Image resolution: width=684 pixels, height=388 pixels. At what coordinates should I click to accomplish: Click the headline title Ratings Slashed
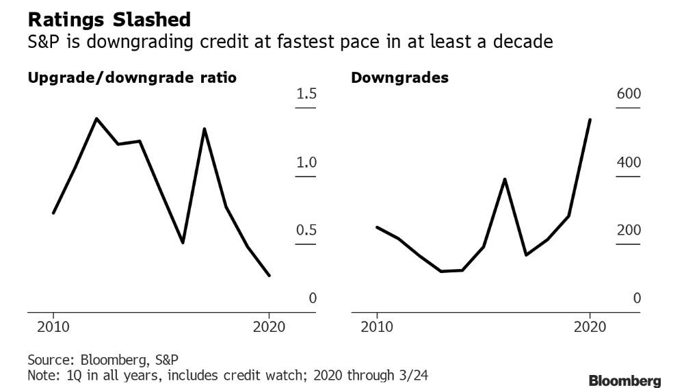(109, 20)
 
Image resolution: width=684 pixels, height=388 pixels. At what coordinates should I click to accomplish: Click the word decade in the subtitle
(523, 42)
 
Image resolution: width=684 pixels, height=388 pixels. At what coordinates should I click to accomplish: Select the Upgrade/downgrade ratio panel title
(132, 78)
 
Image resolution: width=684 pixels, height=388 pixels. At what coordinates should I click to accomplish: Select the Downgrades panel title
(399, 78)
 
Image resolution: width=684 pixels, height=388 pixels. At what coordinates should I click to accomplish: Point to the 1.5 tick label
(306, 93)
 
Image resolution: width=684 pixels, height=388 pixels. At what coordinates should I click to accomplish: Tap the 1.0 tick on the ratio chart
(306, 162)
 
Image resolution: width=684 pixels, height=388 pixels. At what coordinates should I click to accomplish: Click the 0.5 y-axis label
(306, 230)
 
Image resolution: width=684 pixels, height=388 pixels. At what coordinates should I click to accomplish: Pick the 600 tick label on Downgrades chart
(629, 93)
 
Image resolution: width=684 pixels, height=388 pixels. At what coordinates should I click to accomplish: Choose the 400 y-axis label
(629, 162)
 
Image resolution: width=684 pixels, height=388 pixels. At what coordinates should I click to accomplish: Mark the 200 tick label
(629, 230)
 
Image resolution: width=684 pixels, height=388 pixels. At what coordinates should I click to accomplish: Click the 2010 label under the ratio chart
(53, 327)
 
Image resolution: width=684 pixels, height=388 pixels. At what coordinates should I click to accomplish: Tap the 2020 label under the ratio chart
(269, 327)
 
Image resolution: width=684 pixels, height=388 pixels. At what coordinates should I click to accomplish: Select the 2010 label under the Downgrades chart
(377, 327)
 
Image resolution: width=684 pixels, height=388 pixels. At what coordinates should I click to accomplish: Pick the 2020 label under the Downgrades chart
(590, 327)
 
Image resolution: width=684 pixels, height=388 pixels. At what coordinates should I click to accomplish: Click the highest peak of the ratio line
(96, 118)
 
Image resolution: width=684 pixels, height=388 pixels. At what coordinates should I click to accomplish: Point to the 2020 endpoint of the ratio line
(269, 275)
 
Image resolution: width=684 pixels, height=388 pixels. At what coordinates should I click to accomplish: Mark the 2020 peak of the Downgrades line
(590, 120)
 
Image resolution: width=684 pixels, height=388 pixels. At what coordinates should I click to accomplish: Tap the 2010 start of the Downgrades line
(377, 227)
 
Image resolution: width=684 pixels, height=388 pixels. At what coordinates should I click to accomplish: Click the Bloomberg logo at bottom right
(624, 380)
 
